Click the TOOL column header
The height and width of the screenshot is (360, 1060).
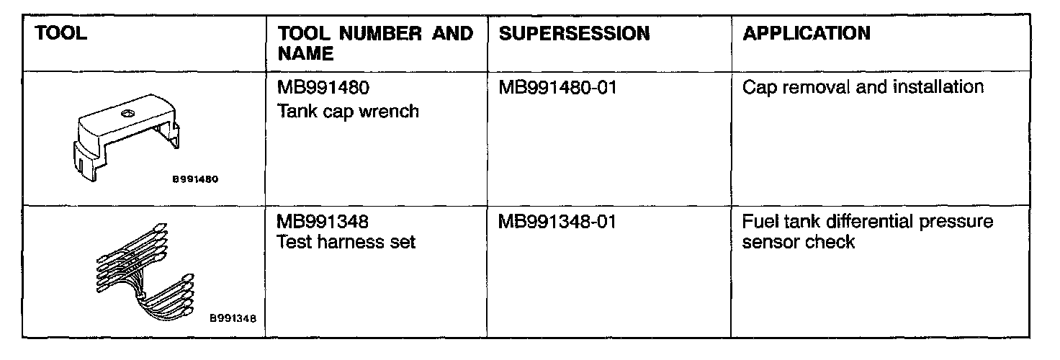point(60,34)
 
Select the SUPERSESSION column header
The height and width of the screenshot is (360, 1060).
point(574,34)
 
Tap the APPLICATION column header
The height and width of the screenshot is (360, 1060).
point(806,34)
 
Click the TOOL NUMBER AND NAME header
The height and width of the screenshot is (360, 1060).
point(375,43)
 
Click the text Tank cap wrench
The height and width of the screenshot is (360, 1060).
point(348,112)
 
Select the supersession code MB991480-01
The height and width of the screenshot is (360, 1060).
point(557,89)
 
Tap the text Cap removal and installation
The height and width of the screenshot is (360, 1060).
point(863,88)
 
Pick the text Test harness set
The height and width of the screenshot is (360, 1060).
point(346,243)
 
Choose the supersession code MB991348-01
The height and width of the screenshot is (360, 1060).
point(557,221)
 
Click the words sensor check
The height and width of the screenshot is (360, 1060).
point(798,243)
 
